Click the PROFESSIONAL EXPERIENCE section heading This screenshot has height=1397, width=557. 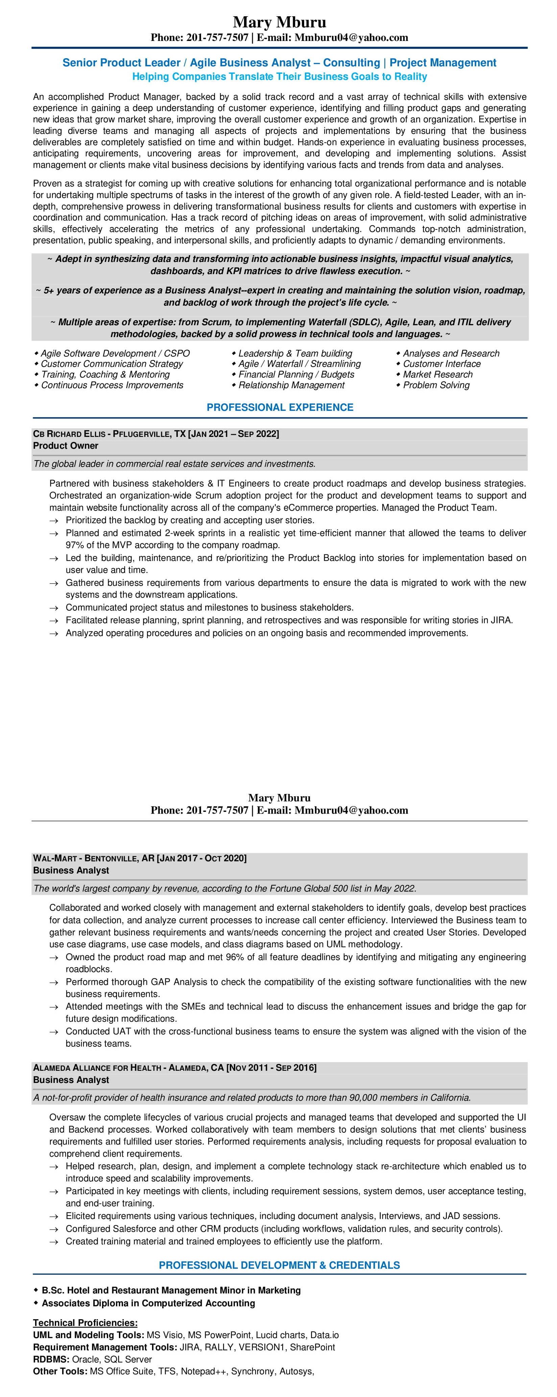point(280,407)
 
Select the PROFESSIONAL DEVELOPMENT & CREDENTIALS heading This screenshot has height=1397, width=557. point(279,1265)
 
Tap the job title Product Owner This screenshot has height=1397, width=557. point(66,446)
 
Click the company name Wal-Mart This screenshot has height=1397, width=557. point(55,858)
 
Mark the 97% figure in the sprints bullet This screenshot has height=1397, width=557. point(74,545)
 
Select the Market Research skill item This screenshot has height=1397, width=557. point(437,374)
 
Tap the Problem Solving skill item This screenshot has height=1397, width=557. point(436,385)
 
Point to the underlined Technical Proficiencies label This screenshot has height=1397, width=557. point(85,1323)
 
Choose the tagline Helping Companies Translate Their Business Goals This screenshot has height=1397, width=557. point(280,76)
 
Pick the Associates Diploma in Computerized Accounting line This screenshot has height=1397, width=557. point(148,1303)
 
